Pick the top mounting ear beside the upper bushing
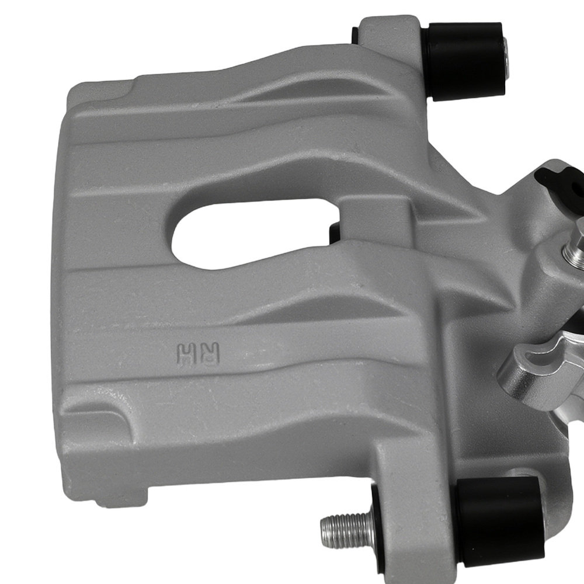385,35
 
